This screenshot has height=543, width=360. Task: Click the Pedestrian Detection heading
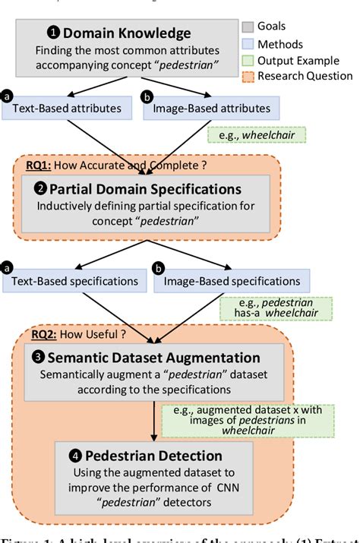159,456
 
